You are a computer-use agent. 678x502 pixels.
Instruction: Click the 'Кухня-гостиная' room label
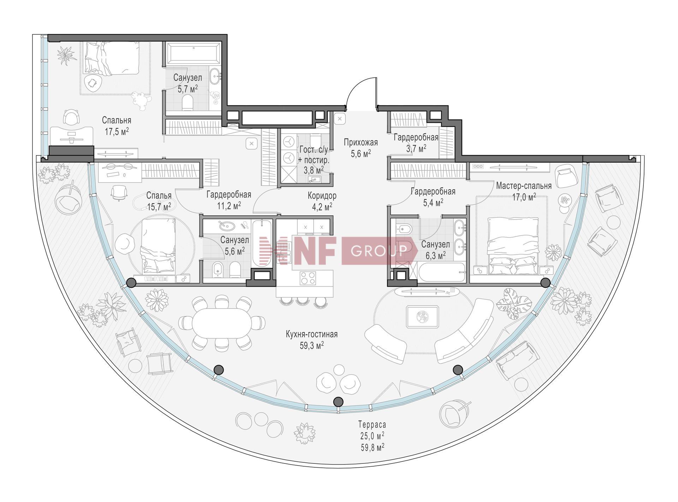311,334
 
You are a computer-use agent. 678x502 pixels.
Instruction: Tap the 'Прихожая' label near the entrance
361,142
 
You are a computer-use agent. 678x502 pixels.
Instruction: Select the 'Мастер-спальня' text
524,186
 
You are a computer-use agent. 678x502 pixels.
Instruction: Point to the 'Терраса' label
372,424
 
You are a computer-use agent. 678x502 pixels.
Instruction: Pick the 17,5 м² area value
117,132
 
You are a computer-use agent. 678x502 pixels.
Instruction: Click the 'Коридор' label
322,195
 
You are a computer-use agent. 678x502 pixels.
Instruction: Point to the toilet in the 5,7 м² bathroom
188,103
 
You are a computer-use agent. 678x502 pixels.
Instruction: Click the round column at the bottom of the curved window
338,401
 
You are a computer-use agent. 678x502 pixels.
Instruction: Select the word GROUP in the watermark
379,250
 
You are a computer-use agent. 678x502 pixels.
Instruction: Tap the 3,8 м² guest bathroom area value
314,170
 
